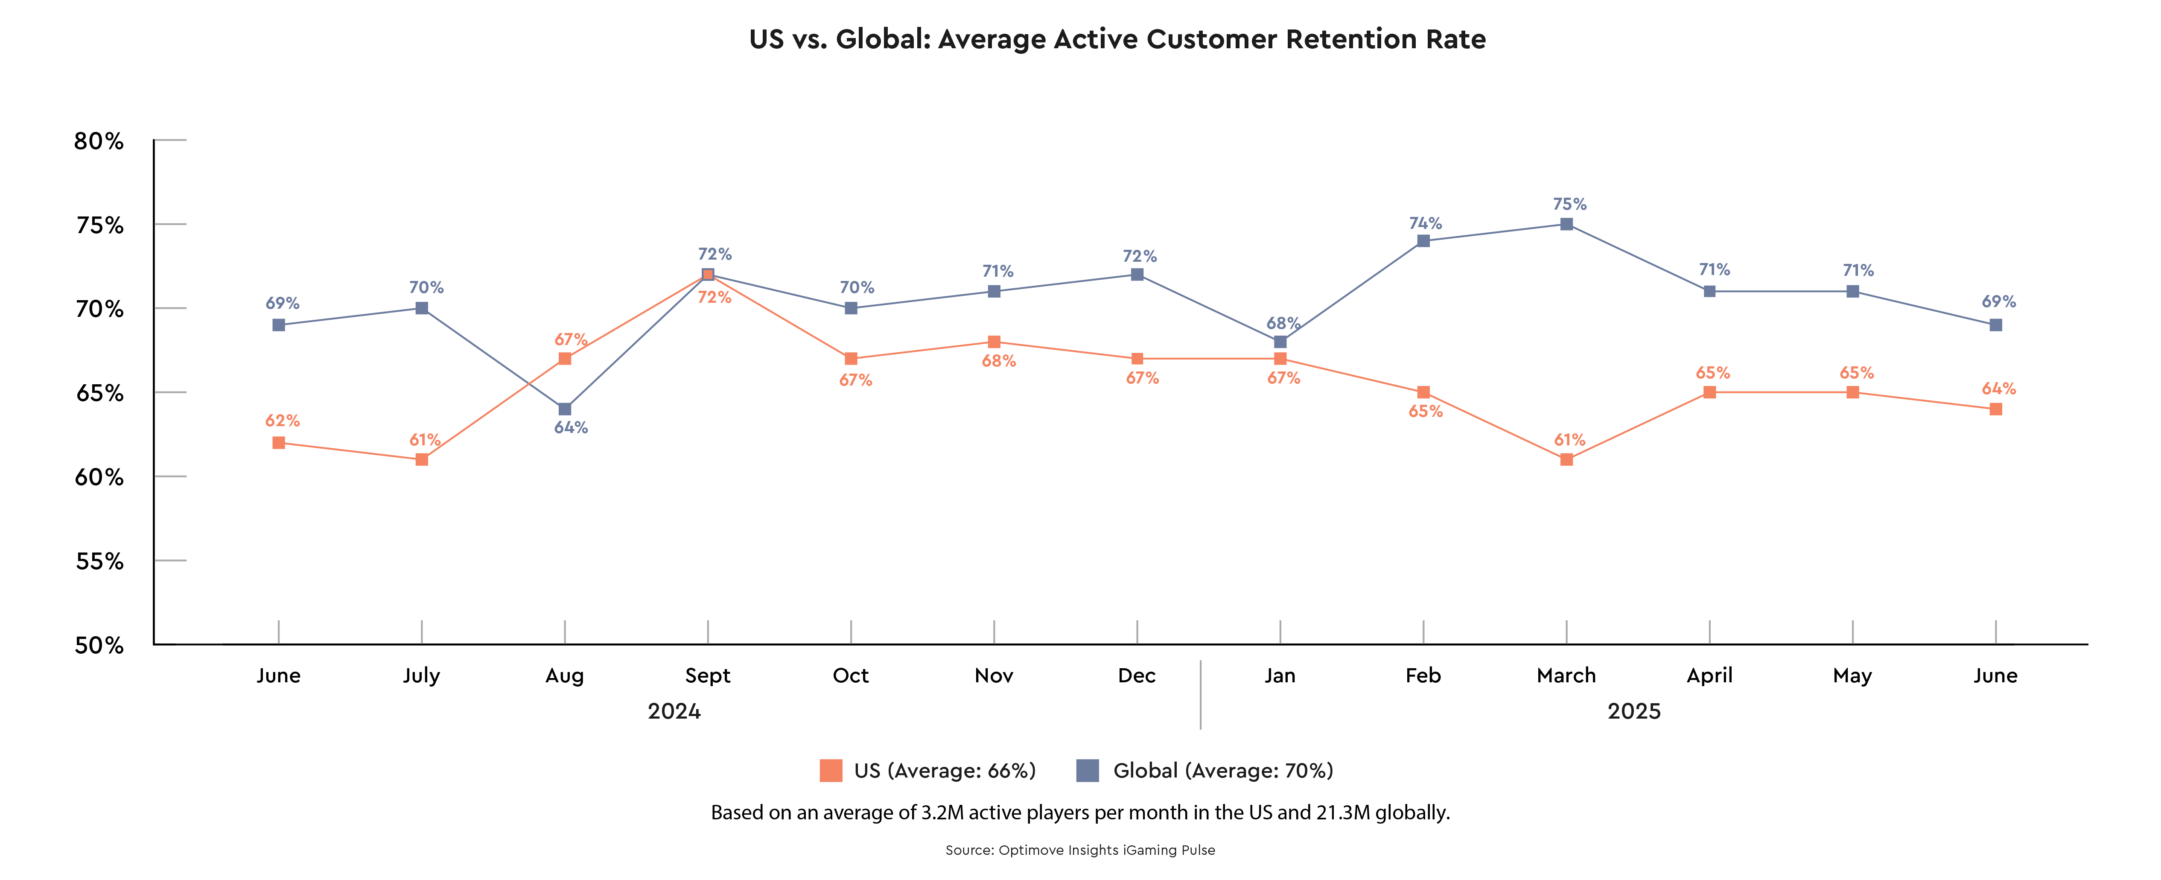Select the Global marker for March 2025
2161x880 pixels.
click(1566, 224)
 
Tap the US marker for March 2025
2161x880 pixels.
click(1566, 460)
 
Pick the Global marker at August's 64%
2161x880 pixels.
click(565, 409)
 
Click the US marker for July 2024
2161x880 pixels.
click(422, 460)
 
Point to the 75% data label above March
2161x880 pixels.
click(1569, 204)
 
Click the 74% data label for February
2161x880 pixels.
click(1425, 223)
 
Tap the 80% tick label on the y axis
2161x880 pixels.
click(99, 141)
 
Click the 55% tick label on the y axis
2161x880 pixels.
click(99, 561)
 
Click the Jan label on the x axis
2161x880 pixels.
click(1280, 675)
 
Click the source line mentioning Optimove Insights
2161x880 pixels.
click(1081, 850)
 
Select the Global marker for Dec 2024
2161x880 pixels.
click(1137, 274)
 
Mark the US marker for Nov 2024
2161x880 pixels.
click(994, 342)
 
